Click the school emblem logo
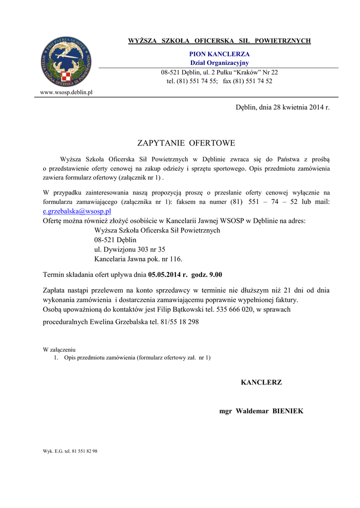tap(66, 62)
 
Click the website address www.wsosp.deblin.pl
tap(66, 92)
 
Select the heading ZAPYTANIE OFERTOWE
tap(185, 143)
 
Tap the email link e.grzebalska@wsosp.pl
tap(77, 211)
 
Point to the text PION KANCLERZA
tap(219, 54)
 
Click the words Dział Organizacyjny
tap(219, 63)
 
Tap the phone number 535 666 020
tap(236, 309)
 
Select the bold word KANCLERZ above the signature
tap(261, 382)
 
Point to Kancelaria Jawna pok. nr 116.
tap(138, 258)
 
